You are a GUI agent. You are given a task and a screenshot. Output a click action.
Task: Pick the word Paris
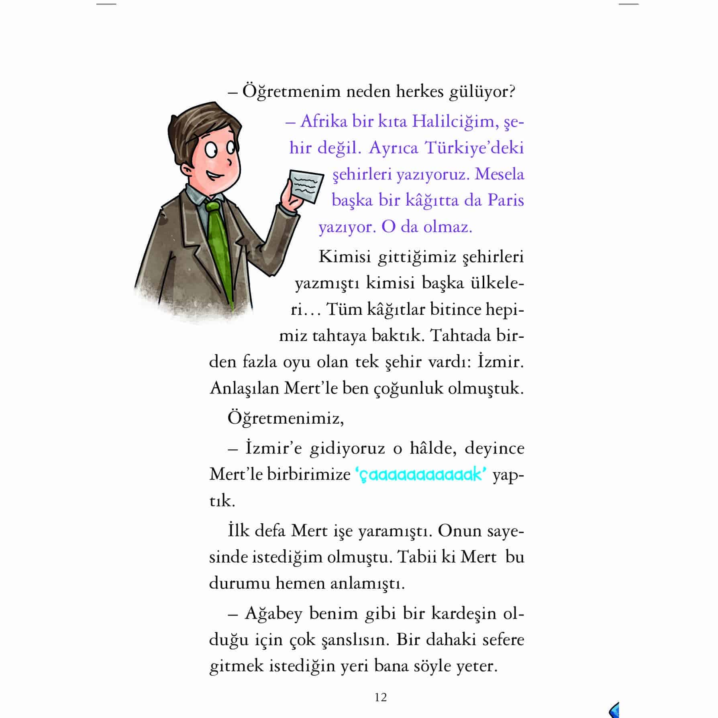506,200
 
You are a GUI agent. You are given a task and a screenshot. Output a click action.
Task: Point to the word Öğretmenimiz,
286,418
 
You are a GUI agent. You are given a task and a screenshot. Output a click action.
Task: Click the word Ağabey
273,614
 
